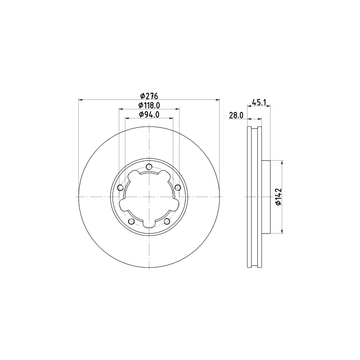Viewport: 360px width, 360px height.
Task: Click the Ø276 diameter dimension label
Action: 149,95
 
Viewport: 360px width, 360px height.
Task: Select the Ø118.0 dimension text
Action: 149,105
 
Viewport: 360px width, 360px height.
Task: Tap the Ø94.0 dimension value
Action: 149,114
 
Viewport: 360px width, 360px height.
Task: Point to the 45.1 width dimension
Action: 259,102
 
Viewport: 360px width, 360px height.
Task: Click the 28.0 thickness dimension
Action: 236,116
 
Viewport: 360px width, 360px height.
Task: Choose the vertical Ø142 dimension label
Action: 278,197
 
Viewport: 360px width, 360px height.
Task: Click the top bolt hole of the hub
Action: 149,166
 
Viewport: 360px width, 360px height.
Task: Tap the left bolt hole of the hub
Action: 120,188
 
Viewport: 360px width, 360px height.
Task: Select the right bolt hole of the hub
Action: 178,188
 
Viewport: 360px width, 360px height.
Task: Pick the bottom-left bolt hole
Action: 131,221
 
